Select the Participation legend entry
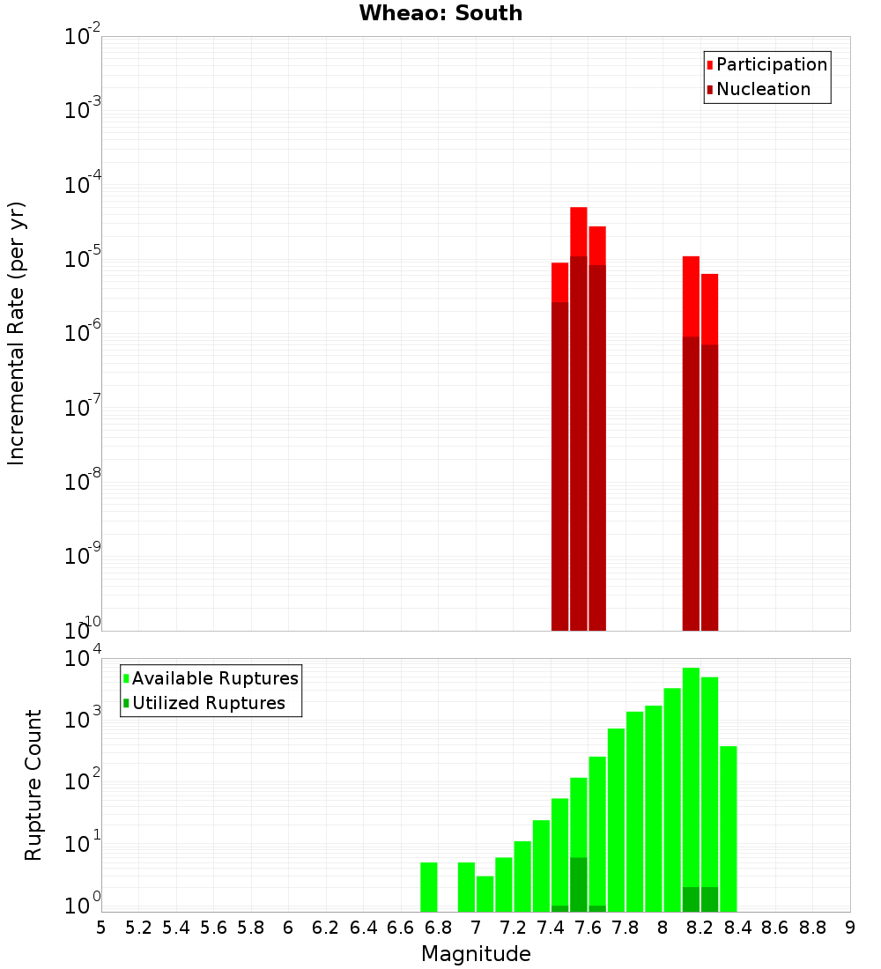771,64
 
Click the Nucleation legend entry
762,89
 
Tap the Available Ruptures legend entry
214,678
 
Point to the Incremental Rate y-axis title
17,333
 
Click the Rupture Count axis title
33,784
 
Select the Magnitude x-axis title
476,954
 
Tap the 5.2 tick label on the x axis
139,928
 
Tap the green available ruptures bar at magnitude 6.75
429,887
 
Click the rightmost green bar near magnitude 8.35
729,828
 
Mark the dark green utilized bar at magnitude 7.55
579,884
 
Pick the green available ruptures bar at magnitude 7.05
485,893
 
